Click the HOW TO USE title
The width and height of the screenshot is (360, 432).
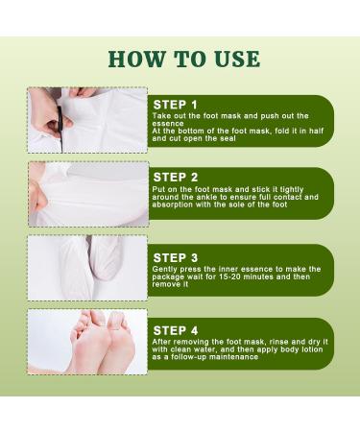pyautogui.click(x=183, y=58)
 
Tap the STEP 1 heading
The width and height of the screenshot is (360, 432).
pyautogui.click(x=175, y=104)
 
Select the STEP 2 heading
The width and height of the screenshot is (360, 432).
pyautogui.click(x=175, y=178)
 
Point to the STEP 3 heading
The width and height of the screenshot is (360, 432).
pyautogui.click(x=175, y=257)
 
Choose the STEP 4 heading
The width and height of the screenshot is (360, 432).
pyautogui.click(x=175, y=329)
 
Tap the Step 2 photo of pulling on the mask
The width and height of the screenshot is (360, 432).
pyautogui.click(x=87, y=193)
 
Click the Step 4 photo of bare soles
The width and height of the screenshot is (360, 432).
pyautogui.click(x=87, y=341)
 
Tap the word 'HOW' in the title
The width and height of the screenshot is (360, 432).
pyautogui.click(x=135, y=58)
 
